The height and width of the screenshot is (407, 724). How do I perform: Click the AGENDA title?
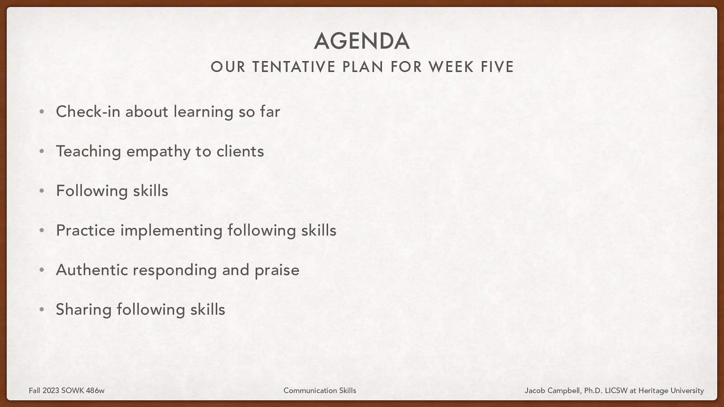[362, 41]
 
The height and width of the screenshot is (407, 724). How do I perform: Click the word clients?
[240, 151]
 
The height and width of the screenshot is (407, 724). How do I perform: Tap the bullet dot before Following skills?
[42, 191]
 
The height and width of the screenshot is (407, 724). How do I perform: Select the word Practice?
[86, 230]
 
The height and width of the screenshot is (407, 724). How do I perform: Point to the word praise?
[277, 270]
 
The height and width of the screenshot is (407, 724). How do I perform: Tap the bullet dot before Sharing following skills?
[42, 310]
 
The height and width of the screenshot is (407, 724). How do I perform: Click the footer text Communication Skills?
[319, 390]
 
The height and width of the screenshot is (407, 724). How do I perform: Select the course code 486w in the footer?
[95, 390]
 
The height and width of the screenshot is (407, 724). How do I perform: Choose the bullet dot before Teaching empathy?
[42, 151]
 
